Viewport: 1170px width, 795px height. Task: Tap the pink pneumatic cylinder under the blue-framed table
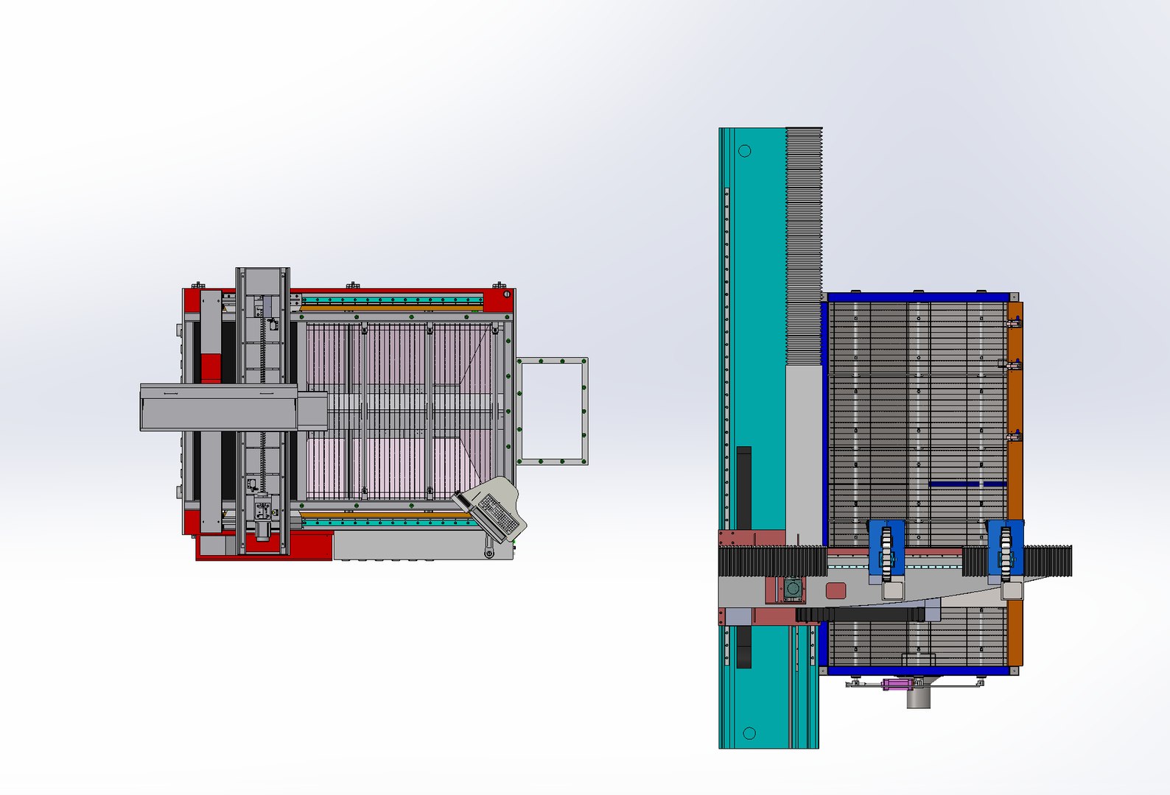[897, 685]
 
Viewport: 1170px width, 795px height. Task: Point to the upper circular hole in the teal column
[744, 151]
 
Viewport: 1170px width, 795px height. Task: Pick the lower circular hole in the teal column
[749, 733]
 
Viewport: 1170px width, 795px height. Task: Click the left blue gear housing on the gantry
[886, 548]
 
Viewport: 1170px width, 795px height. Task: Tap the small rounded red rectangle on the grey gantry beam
[836, 590]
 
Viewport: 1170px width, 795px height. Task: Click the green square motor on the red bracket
[792, 589]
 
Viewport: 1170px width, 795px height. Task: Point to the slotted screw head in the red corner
[507, 294]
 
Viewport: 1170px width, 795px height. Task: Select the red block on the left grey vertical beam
[211, 367]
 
